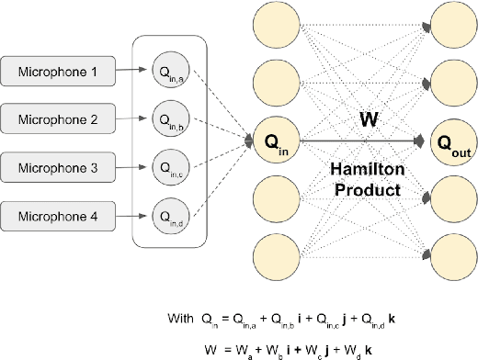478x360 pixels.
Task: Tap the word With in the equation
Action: (x=180, y=319)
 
